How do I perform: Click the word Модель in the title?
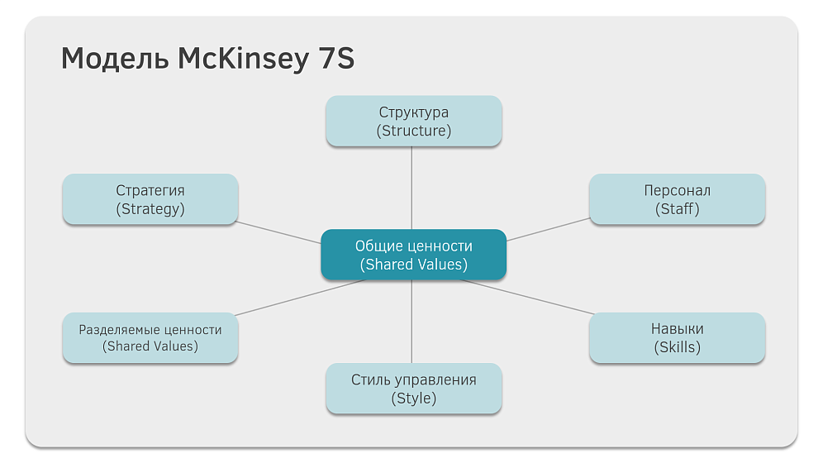115,58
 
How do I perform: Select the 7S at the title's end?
336,58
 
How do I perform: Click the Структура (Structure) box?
414,121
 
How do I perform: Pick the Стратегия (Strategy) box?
150,199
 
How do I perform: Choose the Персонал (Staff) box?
677,199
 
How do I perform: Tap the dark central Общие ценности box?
414,255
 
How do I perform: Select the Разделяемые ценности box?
150,337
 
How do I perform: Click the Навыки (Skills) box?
677,337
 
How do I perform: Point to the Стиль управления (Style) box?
414,389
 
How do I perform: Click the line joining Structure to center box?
411,188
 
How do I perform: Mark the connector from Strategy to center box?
278,232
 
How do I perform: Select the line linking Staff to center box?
549,229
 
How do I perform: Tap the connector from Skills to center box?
527,297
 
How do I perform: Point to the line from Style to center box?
411,322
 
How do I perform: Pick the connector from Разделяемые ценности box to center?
300,298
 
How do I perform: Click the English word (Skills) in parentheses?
677,347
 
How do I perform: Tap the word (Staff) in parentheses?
677,209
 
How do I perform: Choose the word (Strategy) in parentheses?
150,209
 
